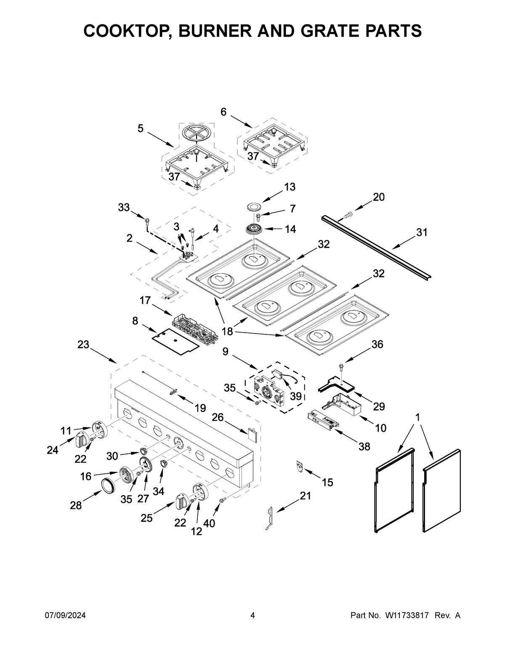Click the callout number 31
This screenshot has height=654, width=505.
pos(422,232)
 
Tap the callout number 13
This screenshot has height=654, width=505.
pos(289,187)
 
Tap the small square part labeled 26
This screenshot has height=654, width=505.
pos(252,435)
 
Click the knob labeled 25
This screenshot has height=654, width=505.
pos(182,502)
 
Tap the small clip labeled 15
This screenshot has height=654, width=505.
pos(300,466)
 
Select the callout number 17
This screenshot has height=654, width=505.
pos(145,300)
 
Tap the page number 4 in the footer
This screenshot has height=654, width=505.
pos(252,616)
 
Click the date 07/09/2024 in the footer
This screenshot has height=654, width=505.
pos(65,616)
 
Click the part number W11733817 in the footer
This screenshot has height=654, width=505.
pos(406,616)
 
